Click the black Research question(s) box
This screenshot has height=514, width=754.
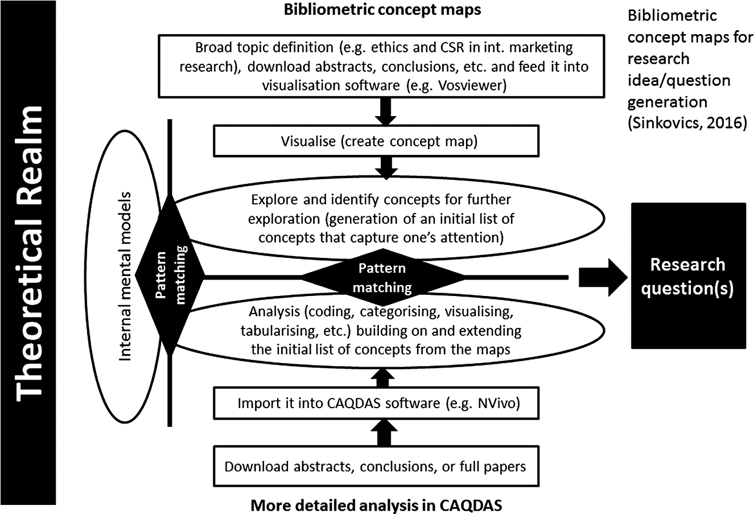[688, 275]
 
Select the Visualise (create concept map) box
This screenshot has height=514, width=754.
[377, 141]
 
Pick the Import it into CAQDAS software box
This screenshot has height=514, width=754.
[377, 404]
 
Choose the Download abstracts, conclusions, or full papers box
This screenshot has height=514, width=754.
[377, 467]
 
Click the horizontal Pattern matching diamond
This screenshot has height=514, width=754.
[382, 277]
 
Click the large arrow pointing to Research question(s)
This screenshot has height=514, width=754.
[602, 277]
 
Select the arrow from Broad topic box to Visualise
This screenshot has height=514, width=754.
[387, 112]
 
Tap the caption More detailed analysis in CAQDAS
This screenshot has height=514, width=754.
[377, 504]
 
